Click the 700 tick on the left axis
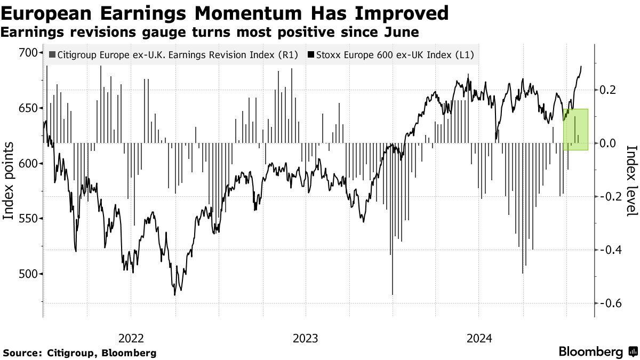point(28,52)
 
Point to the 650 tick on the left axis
point(28,108)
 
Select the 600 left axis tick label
point(28,163)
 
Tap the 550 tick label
point(28,219)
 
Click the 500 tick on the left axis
point(28,274)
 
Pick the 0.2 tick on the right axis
point(609,90)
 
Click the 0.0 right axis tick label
point(609,143)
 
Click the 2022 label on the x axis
point(131,338)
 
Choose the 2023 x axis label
point(305,338)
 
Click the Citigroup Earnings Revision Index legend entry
point(173,54)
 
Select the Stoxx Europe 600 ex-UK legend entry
point(390,54)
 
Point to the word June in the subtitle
point(400,32)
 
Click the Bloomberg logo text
point(591,351)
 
